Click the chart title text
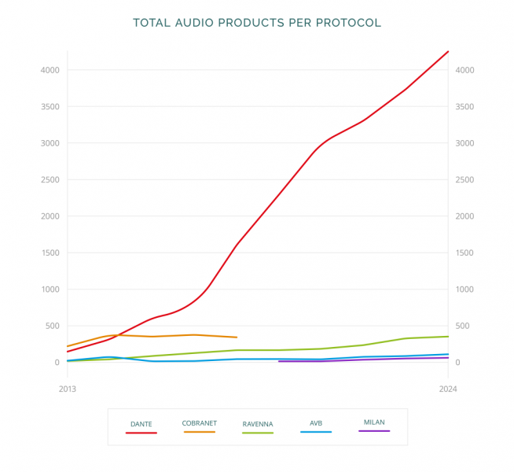[257, 23]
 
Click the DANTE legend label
[141, 424]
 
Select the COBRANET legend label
[200, 423]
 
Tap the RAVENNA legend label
[258, 424]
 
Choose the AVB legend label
[316, 423]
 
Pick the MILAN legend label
[374, 422]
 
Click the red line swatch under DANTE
[141, 433]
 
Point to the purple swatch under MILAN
[374, 431]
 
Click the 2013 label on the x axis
[68, 389]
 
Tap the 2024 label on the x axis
[448, 389]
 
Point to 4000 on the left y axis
[50, 70]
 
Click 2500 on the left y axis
[50, 180]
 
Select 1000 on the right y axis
[464, 289]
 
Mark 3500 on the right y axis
[464, 107]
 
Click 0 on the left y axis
[57, 363]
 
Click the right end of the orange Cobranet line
[237, 337]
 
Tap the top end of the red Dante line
[448, 52]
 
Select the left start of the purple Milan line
[279, 361]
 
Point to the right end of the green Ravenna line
[448, 337]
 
